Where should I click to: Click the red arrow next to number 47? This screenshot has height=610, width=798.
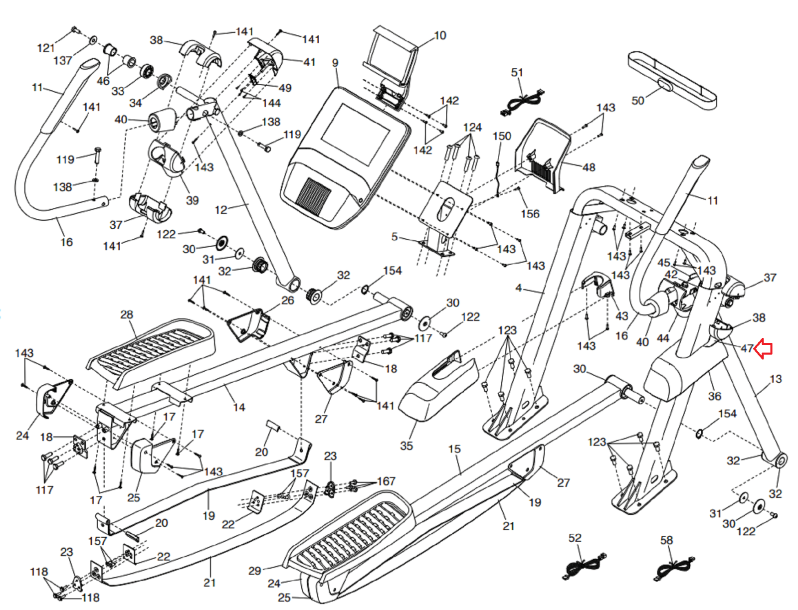coord(764,348)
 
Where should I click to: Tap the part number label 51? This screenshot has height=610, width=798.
coord(517,73)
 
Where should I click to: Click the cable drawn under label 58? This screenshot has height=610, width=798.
coord(673,568)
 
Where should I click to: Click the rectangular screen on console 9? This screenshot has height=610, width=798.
coord(356,134)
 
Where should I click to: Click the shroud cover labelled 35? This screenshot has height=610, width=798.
coord(439,389)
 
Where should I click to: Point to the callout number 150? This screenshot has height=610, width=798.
coord(502,136)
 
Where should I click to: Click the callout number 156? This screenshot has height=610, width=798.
coord(530,214)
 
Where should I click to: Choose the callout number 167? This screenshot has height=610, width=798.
coord(386,481)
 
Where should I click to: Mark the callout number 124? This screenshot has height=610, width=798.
coord(472,127)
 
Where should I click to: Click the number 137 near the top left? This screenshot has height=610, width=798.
coord(63,61)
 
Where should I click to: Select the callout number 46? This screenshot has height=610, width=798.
coord(103,81)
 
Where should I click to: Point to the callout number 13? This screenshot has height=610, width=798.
coord(776,379)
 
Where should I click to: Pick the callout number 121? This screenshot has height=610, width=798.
coord(46,48)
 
